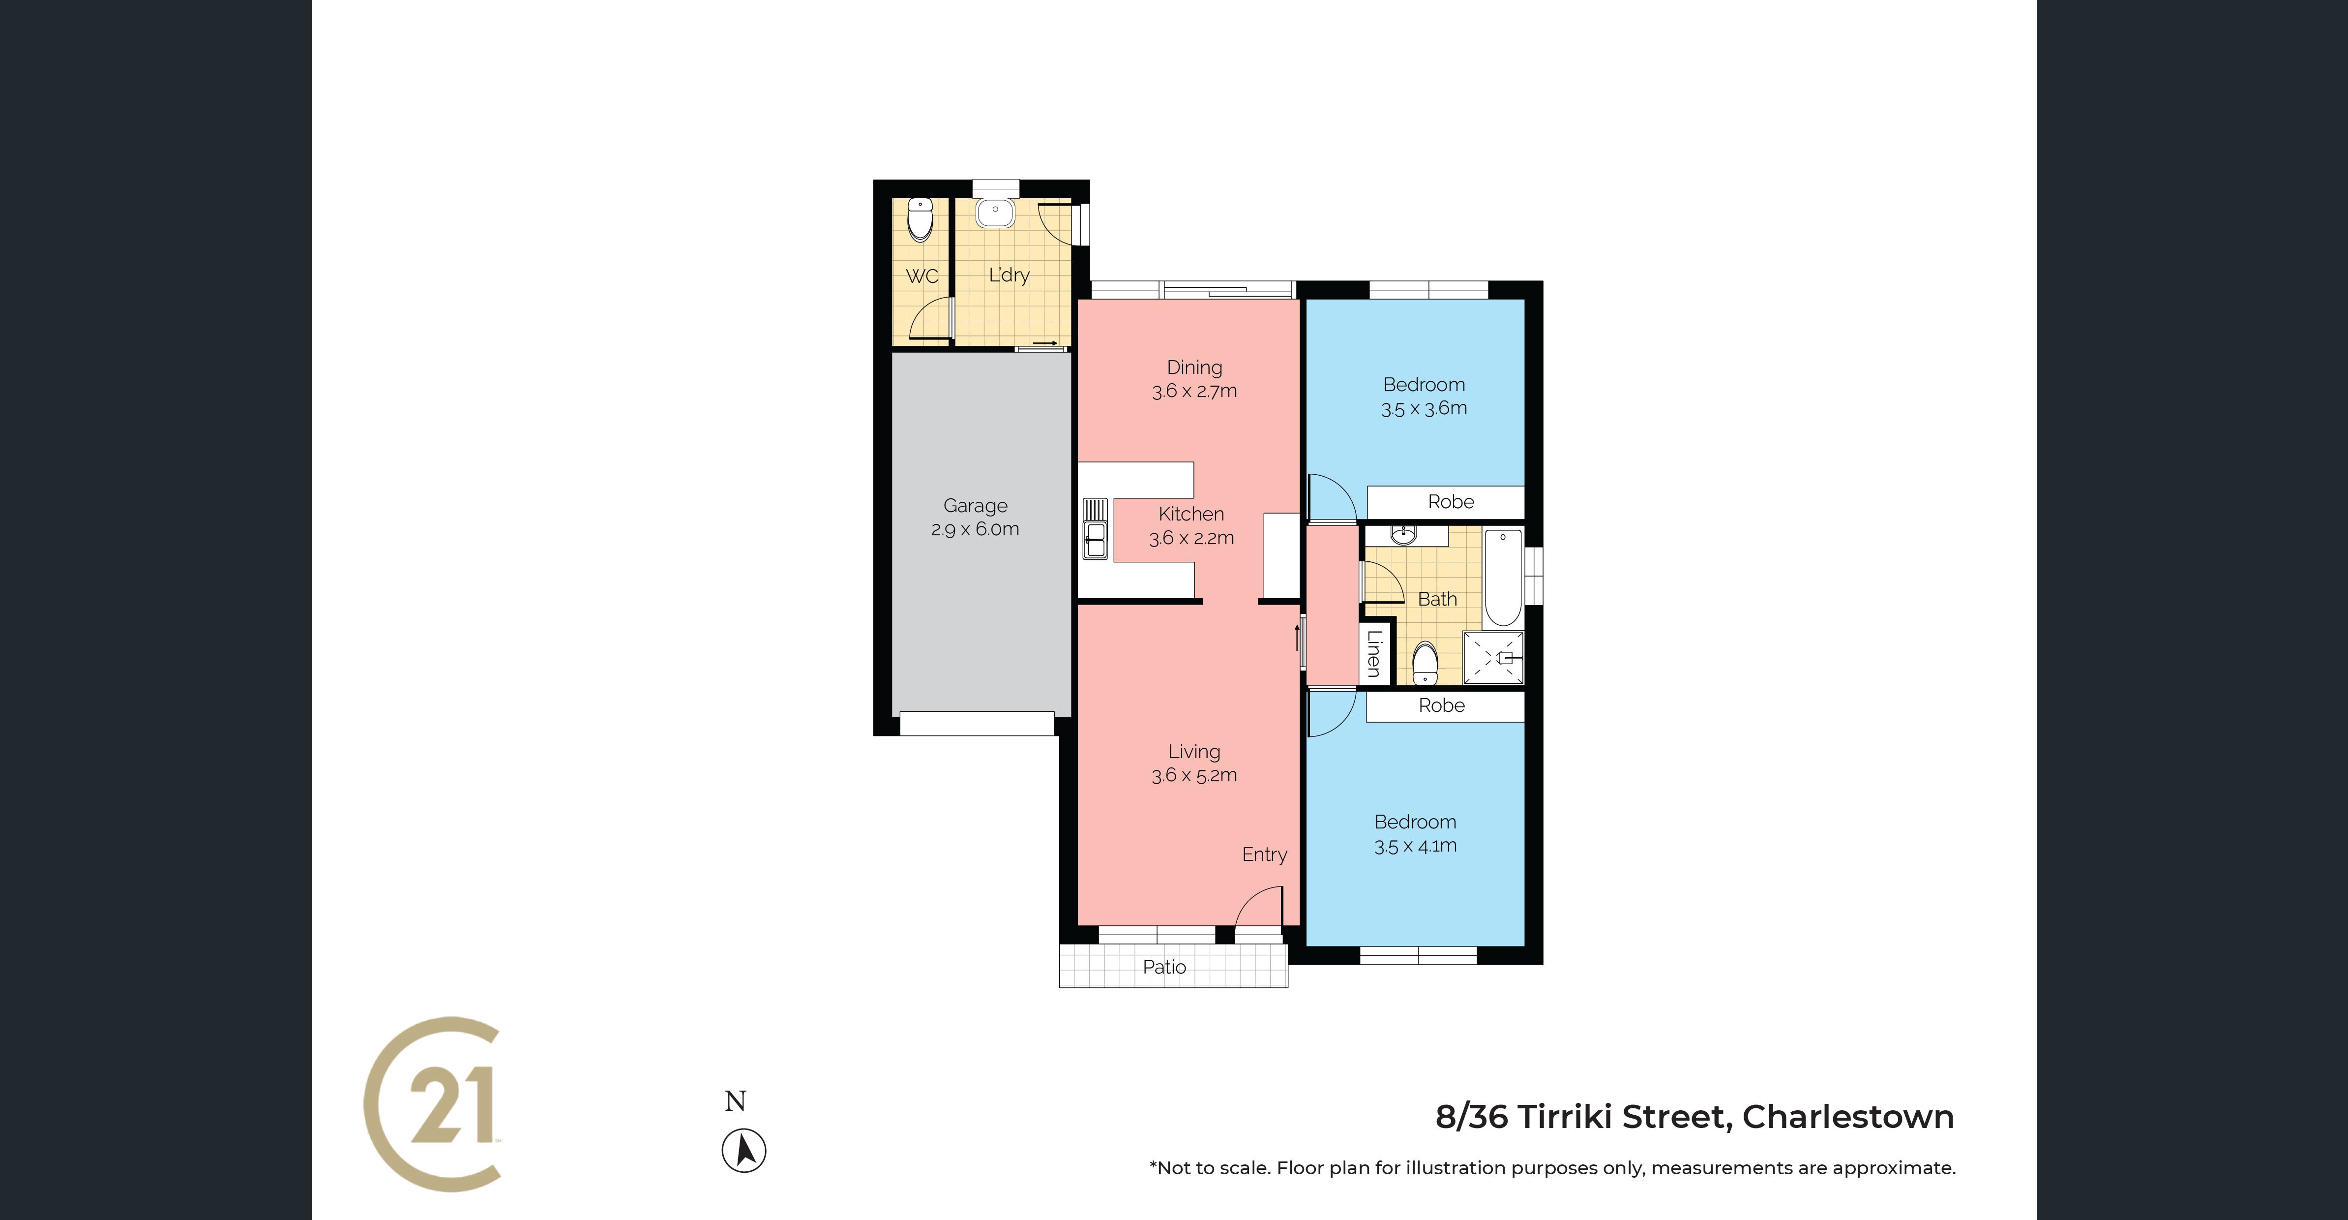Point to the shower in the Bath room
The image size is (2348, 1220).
click(x=1493, y=657)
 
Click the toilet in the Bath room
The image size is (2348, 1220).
click(x=1425, y=663)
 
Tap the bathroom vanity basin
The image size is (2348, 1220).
click(x=1404, y=534)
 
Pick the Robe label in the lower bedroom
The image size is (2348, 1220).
click(x=1442, y=705)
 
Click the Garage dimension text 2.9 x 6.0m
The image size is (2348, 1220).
click(x=975, y=529)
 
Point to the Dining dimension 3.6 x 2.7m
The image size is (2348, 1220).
click(x=1194, y=391)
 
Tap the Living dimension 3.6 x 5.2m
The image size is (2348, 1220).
click(x=1194, y=775)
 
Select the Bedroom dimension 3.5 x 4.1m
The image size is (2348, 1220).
click(x=1416, y=845)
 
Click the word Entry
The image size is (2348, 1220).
click(x=1264, y=854)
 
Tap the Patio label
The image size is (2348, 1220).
click(x=1165, y=967)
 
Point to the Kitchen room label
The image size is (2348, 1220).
click(x=1191, y=514)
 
